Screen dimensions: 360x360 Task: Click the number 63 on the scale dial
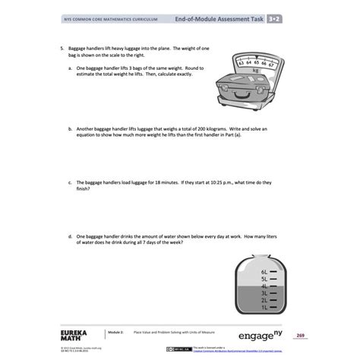pos(242,62)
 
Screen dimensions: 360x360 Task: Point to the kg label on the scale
pos(256,70)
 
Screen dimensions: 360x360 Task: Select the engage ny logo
pos(260,335)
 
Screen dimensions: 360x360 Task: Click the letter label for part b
pos(69,129)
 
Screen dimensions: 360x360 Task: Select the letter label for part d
pos(69,236)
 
